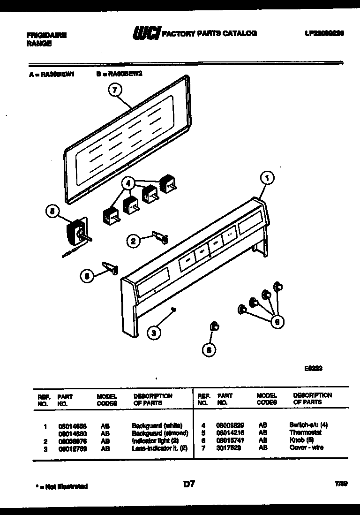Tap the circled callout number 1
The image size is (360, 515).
pos(267,178)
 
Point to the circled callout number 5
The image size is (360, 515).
pos(53,212)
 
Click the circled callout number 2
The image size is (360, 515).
pos(133,242)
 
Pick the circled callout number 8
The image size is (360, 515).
pos(86,276)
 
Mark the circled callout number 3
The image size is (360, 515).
pos(153,333)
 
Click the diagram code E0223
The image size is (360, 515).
pos(313,368)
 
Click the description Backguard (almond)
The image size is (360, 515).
pos(160,433)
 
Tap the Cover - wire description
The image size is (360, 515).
pos(307,448)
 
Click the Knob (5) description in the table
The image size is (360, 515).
pos(301,440)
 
